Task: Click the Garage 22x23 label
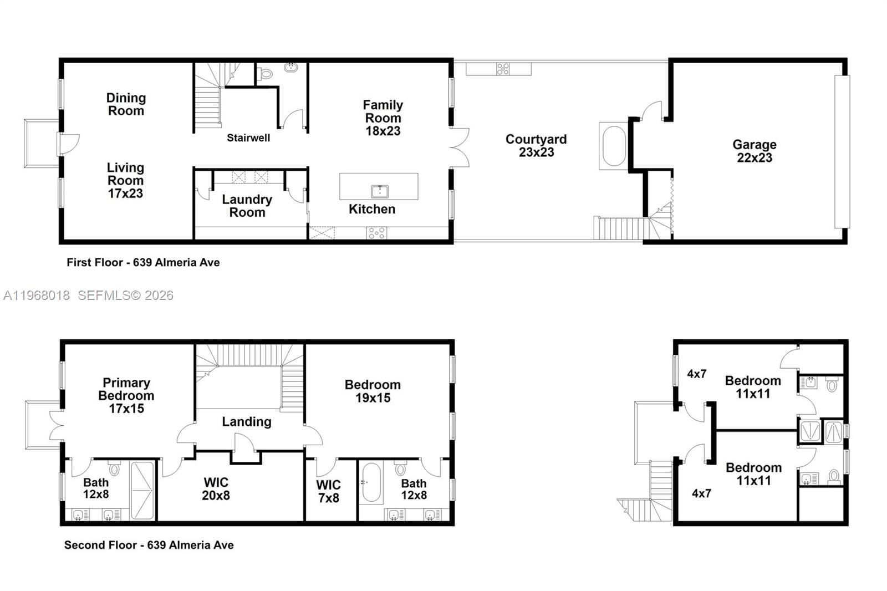[x=754, y=151]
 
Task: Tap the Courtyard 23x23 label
[x=536, y=146]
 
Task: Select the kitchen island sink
[x=379, y=192]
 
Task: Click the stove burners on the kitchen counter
[x=376, y=233]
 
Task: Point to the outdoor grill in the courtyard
[x=503, y=69]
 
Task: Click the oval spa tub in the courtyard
[x=614, y=146]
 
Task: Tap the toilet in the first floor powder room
[x=266, y=73]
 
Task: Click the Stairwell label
[x=248, y=137]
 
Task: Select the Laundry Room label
[x=247, y=206]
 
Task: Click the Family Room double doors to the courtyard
[x=460, y=147]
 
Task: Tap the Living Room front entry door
[x=68, y=144]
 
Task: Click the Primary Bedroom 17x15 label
[x=126, y=395]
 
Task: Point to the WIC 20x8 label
[x=216, y=488]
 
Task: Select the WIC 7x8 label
[x=328, y=491]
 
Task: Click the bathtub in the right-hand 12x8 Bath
[x=371, y=482]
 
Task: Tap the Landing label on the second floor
[x=247, y=421]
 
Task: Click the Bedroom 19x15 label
[x=373, y=391]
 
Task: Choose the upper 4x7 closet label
[x=696, y=374]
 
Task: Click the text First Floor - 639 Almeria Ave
[x=143, y=262]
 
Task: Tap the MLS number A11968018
[x=37, y=295]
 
